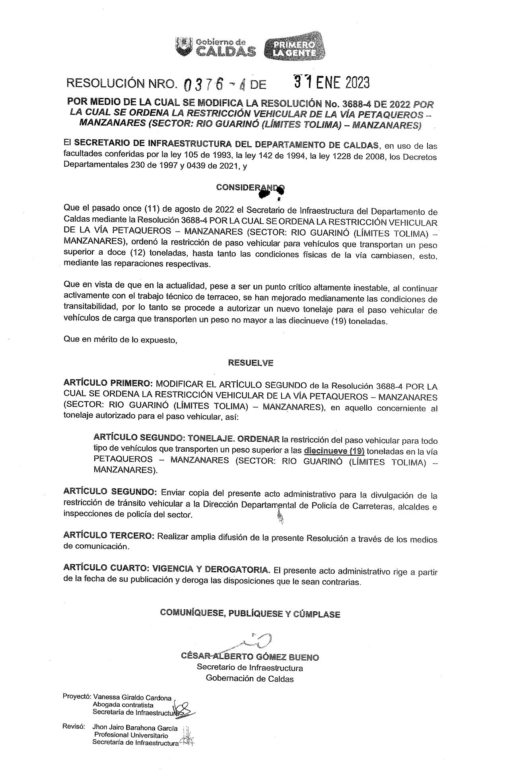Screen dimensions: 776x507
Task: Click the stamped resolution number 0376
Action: (x=204, y=84)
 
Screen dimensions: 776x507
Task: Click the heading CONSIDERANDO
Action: (x=250, y=187)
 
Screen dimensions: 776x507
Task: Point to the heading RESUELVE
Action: (x=251, y=363)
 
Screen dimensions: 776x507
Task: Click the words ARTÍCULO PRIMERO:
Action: (x=108, y=383)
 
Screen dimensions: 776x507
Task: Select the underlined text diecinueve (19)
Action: (x=334, y=451)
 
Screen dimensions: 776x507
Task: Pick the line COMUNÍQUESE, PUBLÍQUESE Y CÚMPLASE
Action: (x=250, y=613)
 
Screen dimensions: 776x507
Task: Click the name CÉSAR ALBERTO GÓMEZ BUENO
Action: (x=250, y=656)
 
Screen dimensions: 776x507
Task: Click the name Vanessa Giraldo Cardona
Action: (x=132, y=698)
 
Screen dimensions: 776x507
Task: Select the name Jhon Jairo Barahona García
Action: (x=135, y=728)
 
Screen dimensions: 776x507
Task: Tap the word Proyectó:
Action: (x=77, y=697)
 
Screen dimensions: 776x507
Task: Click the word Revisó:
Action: (x=74, y=727)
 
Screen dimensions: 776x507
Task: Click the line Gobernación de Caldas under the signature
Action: (x=250, y=679)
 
